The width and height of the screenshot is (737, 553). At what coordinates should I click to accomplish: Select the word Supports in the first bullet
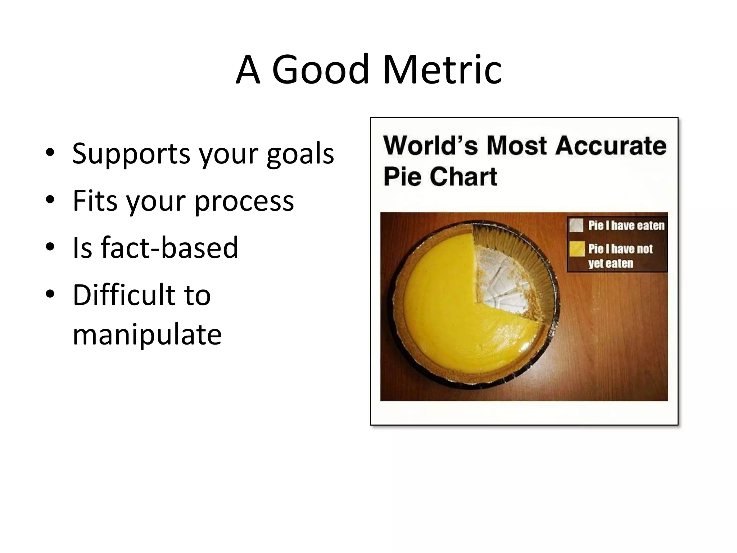point(131,154)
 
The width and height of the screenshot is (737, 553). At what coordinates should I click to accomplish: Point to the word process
point(244,201)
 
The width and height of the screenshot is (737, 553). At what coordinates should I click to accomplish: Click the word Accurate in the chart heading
point(610,146)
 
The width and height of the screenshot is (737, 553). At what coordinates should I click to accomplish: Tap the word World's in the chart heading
point(430,146)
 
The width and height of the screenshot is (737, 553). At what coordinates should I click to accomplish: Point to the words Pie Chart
point(440,177)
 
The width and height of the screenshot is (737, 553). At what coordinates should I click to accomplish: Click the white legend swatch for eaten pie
point(577,226)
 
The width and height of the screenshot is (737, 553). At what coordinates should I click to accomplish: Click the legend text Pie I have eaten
point(626,226)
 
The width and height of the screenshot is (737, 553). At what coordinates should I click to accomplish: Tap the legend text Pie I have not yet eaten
point(620,256)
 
